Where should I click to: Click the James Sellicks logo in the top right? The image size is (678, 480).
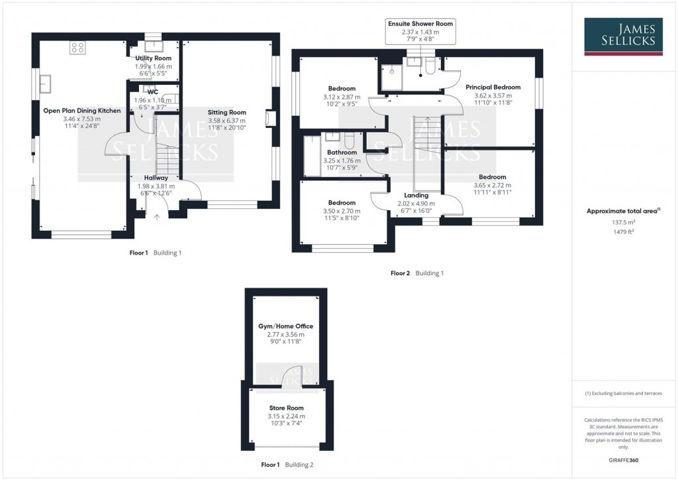(624, 36)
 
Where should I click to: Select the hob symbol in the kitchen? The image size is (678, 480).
(77, 47)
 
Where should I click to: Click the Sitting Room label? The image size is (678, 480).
(227, 113)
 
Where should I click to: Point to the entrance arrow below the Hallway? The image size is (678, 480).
(157, 216)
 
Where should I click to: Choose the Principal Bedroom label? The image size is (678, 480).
(493, 87)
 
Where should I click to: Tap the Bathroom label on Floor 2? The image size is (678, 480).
(342, 152)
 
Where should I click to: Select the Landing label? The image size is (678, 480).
(416, 196)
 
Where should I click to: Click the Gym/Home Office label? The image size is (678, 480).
(286, 326)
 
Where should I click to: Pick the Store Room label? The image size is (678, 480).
(287, 408)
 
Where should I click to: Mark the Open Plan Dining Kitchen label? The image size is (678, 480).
(82, 111)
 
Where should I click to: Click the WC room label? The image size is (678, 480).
(153, 91)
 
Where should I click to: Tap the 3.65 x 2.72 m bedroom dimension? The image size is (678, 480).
(492, 186)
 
